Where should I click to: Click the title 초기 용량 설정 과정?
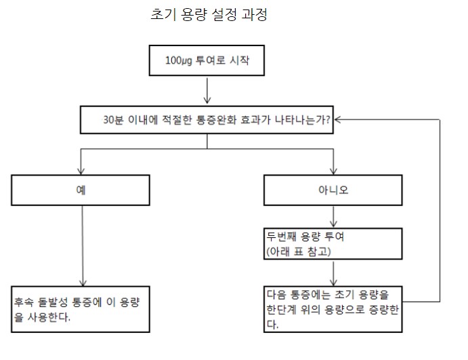pos(209,15)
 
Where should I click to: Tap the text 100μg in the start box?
pos(179,60)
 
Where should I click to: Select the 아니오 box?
pos(333,189)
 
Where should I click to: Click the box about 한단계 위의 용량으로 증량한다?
pos(333,308)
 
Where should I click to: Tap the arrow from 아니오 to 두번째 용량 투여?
pos(333,217)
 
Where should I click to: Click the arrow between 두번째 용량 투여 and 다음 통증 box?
pos(333,273)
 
